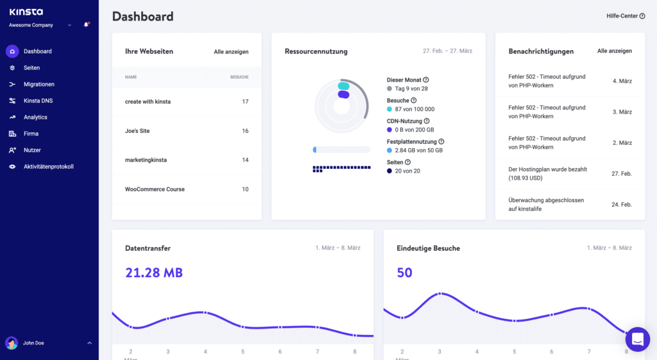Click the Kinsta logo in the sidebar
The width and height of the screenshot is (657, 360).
click(26, 12)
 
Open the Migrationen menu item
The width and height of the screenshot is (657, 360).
click(38, 84)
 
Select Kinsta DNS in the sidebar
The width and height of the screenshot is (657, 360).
click(38, 101)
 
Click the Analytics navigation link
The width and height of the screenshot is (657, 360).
click(35, 117)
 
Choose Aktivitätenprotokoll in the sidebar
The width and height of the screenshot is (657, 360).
click(48, 167)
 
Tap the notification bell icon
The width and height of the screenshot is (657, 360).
click(86, 25)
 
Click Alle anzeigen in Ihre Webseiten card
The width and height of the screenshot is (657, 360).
click(231, 52)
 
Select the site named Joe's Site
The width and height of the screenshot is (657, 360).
click(137, 131)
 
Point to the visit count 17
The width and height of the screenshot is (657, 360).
click(245, 102)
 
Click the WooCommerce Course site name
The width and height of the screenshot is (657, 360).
click(155, 189)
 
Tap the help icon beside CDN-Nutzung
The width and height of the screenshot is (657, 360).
click(427, 121)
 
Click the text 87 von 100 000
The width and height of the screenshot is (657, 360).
click(414, 110)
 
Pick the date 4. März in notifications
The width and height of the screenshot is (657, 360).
click(622, 81)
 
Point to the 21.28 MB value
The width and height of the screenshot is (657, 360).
click(154, 273)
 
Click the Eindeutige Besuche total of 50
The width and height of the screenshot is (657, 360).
click(404, 273)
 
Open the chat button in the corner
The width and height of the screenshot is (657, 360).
click(638, 340)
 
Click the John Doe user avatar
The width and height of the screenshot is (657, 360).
click(12, 343)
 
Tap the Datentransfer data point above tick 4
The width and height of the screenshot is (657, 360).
click(205, 313)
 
